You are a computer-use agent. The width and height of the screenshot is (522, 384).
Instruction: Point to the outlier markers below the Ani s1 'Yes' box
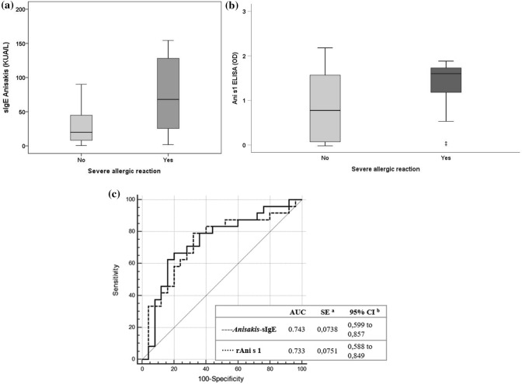tap(445, 144)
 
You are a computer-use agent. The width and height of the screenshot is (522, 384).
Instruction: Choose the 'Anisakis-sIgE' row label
tap(252, 329)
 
